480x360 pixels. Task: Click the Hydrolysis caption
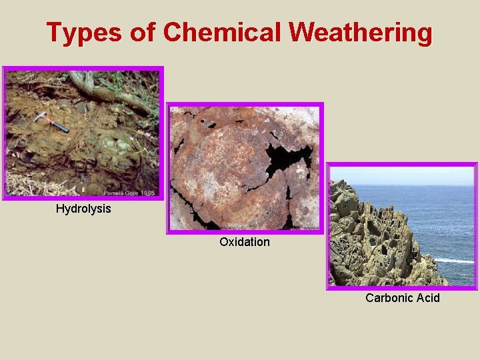[x=83, y=209]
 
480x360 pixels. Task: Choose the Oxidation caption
[x=245, y=242]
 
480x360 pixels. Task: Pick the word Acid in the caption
[x=427, y=298]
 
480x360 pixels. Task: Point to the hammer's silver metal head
[x=39, y=117]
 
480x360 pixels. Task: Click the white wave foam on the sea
[x=453, y=260]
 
